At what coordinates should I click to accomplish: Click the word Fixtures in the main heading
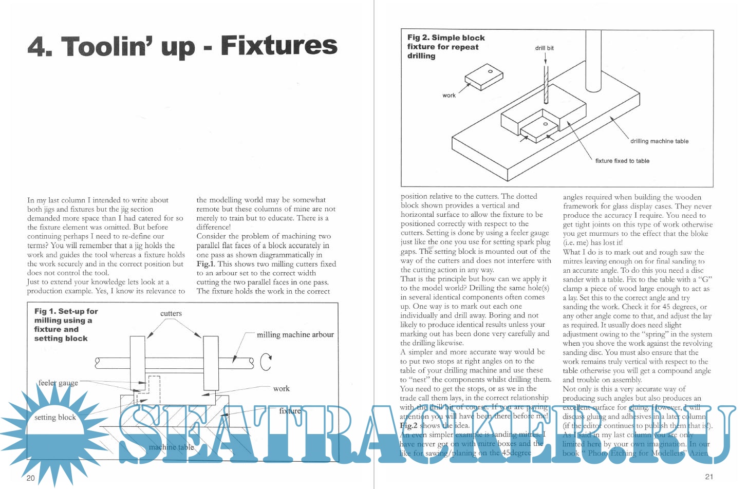(279, 46)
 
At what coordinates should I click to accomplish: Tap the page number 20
(31, 478)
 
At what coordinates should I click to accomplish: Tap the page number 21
(709, 476)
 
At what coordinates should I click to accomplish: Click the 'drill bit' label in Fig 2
(545, 48)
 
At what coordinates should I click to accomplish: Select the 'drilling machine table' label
(659, 141)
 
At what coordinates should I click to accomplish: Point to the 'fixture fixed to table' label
(622, 161)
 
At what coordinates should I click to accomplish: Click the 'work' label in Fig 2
(449, 96)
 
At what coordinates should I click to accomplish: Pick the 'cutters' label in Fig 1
(171, 313)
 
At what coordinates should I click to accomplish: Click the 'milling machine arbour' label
(295, 335)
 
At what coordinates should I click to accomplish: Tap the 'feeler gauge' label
(58, 383)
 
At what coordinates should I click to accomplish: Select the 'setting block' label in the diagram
(55, 417)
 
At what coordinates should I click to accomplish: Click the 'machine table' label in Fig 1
(172, 447)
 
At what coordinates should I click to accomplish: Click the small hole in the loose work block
(491, 71)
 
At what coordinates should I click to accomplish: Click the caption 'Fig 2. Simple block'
(446, 37)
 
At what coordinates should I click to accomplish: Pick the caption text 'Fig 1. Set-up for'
(66, 311)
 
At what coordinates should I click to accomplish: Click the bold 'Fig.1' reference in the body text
(205, 264)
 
